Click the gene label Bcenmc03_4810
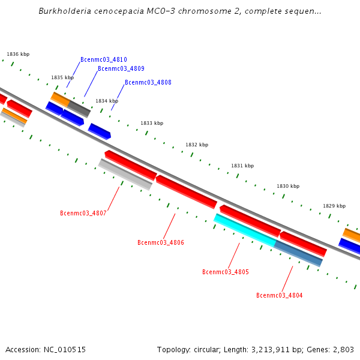103,60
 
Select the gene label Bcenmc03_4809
121,69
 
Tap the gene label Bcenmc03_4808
148,83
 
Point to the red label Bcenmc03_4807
83,214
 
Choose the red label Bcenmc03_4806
160,243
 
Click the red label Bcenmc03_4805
225,272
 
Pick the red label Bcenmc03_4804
279,295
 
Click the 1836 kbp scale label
18,55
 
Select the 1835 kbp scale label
62,78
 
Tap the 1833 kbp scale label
152,124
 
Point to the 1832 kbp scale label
197,145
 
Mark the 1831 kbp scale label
242,166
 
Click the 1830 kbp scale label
288,187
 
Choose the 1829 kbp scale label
334,206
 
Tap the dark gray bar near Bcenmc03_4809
79,109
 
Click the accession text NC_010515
64,350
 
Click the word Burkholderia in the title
61,11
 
